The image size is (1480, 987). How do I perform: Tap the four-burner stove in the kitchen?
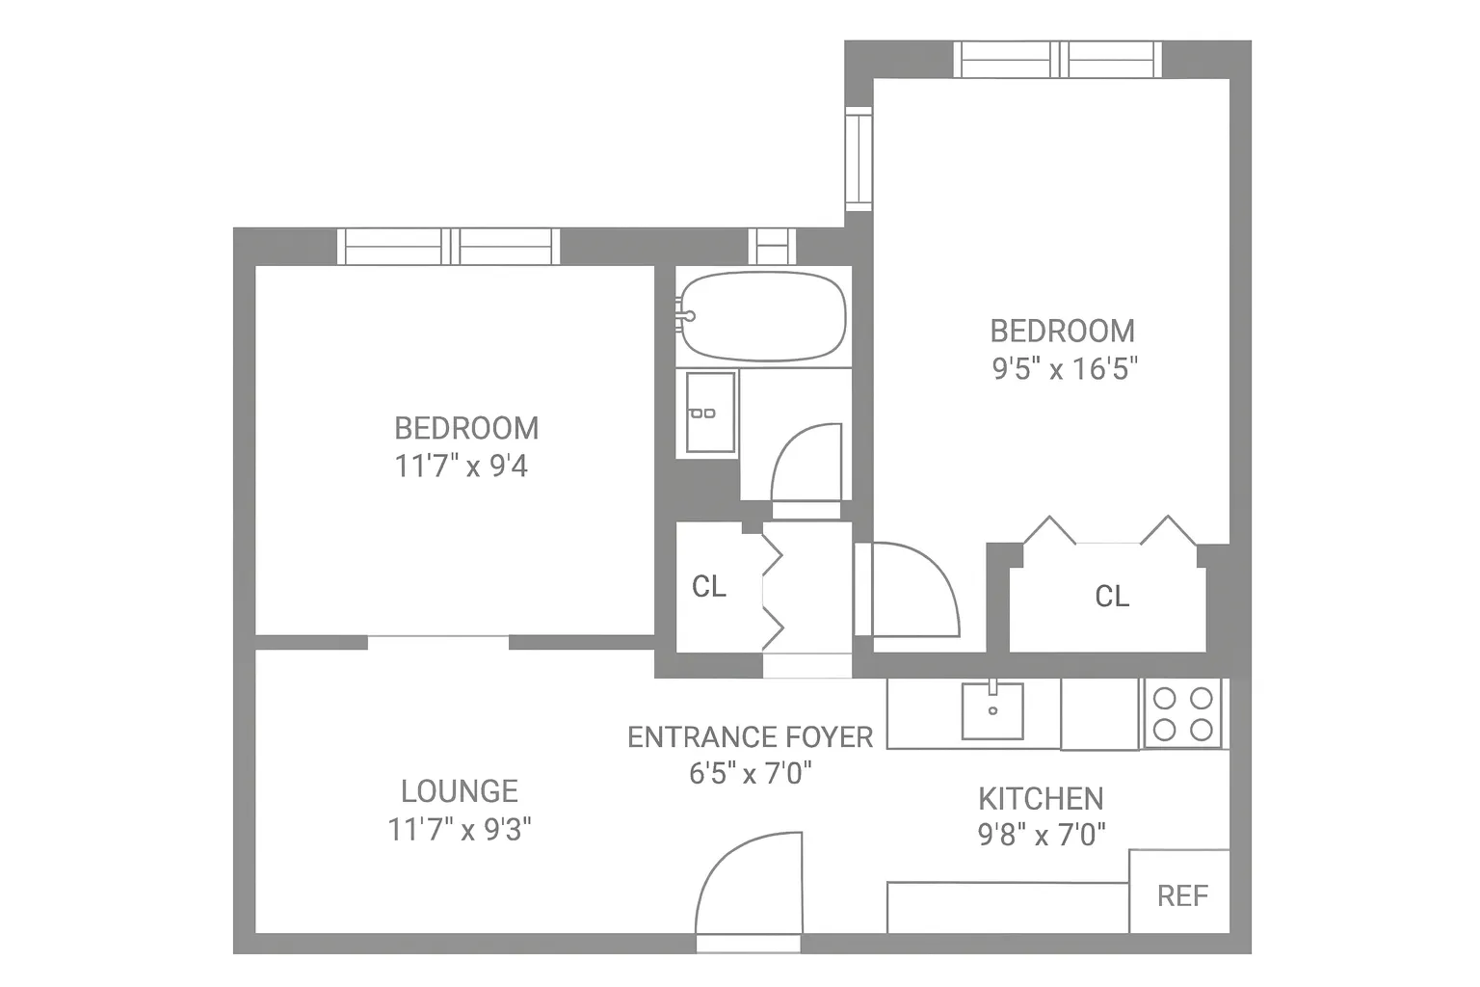pos(1182,713)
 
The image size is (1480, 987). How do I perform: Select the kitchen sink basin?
pos(992,711)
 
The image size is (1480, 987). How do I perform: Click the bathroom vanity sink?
pos(710,413)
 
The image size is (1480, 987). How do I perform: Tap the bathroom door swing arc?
pos(806,463)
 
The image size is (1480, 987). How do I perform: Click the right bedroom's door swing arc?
pos(911,590)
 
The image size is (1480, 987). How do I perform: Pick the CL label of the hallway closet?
pos(708,586)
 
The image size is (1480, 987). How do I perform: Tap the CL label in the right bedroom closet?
pos(1111,597)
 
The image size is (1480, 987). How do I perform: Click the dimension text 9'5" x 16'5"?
pos(1065,369)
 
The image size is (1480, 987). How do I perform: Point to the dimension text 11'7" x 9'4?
pos(461,467)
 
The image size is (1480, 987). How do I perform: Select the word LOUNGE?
pos(460,791)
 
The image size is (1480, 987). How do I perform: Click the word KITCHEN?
pos(1041,798)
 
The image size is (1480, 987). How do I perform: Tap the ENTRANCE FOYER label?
pos(750,737)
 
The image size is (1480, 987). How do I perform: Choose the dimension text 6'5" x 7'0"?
pos(750,773)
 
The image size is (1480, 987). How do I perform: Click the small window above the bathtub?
pos(772,246)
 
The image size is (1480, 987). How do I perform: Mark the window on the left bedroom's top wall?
pos(449,247)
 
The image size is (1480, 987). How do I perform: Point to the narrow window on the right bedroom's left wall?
pos(858,158)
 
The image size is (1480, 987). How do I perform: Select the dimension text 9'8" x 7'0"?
pos(1042,835)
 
